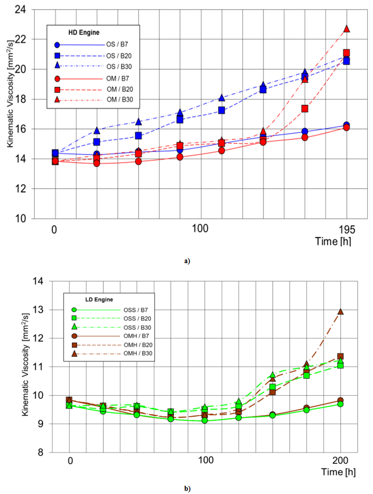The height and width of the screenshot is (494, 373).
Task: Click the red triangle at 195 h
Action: click(x=346, y=29)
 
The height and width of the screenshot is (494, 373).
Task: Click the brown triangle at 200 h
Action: click(x=340, y=311)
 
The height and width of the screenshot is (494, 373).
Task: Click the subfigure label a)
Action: click(x=187, y=261)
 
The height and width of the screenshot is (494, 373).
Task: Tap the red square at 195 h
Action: click(x=346, y=53)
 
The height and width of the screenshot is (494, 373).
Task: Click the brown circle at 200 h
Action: click(x=340, y=400)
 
